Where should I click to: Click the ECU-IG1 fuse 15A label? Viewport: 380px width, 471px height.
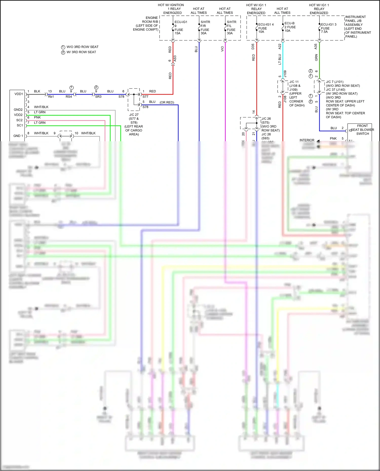coord(181,28)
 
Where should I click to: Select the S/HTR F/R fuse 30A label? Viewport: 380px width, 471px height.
coord(205,28)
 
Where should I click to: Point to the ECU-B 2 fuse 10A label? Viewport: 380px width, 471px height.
coord(290,27)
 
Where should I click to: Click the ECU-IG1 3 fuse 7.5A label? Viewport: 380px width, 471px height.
coord(328,28)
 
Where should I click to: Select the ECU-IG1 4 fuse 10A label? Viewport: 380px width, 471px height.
coord(265,28)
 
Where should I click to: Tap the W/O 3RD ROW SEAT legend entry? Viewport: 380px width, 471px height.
coord(80,47)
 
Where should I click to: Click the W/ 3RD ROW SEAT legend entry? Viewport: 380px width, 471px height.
coord(79,52)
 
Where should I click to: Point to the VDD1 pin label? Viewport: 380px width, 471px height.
coord(19,94)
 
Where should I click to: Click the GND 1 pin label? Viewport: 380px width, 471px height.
coord(18,136)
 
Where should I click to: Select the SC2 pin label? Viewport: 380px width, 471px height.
coord(20,120)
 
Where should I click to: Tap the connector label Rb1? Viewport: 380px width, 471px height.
coord(51,97)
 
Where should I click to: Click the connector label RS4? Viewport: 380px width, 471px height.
coord(69,97)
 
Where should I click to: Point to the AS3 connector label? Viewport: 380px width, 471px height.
coord(175,59)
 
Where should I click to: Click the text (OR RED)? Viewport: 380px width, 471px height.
coord(167,103)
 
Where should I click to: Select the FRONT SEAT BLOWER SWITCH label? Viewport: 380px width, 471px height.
coord(362,130)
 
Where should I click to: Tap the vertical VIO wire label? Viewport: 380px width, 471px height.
coord(222,49)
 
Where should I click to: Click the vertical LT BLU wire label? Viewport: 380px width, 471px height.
coord(280,59)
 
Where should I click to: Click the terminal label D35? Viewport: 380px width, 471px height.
coord(253,47)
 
